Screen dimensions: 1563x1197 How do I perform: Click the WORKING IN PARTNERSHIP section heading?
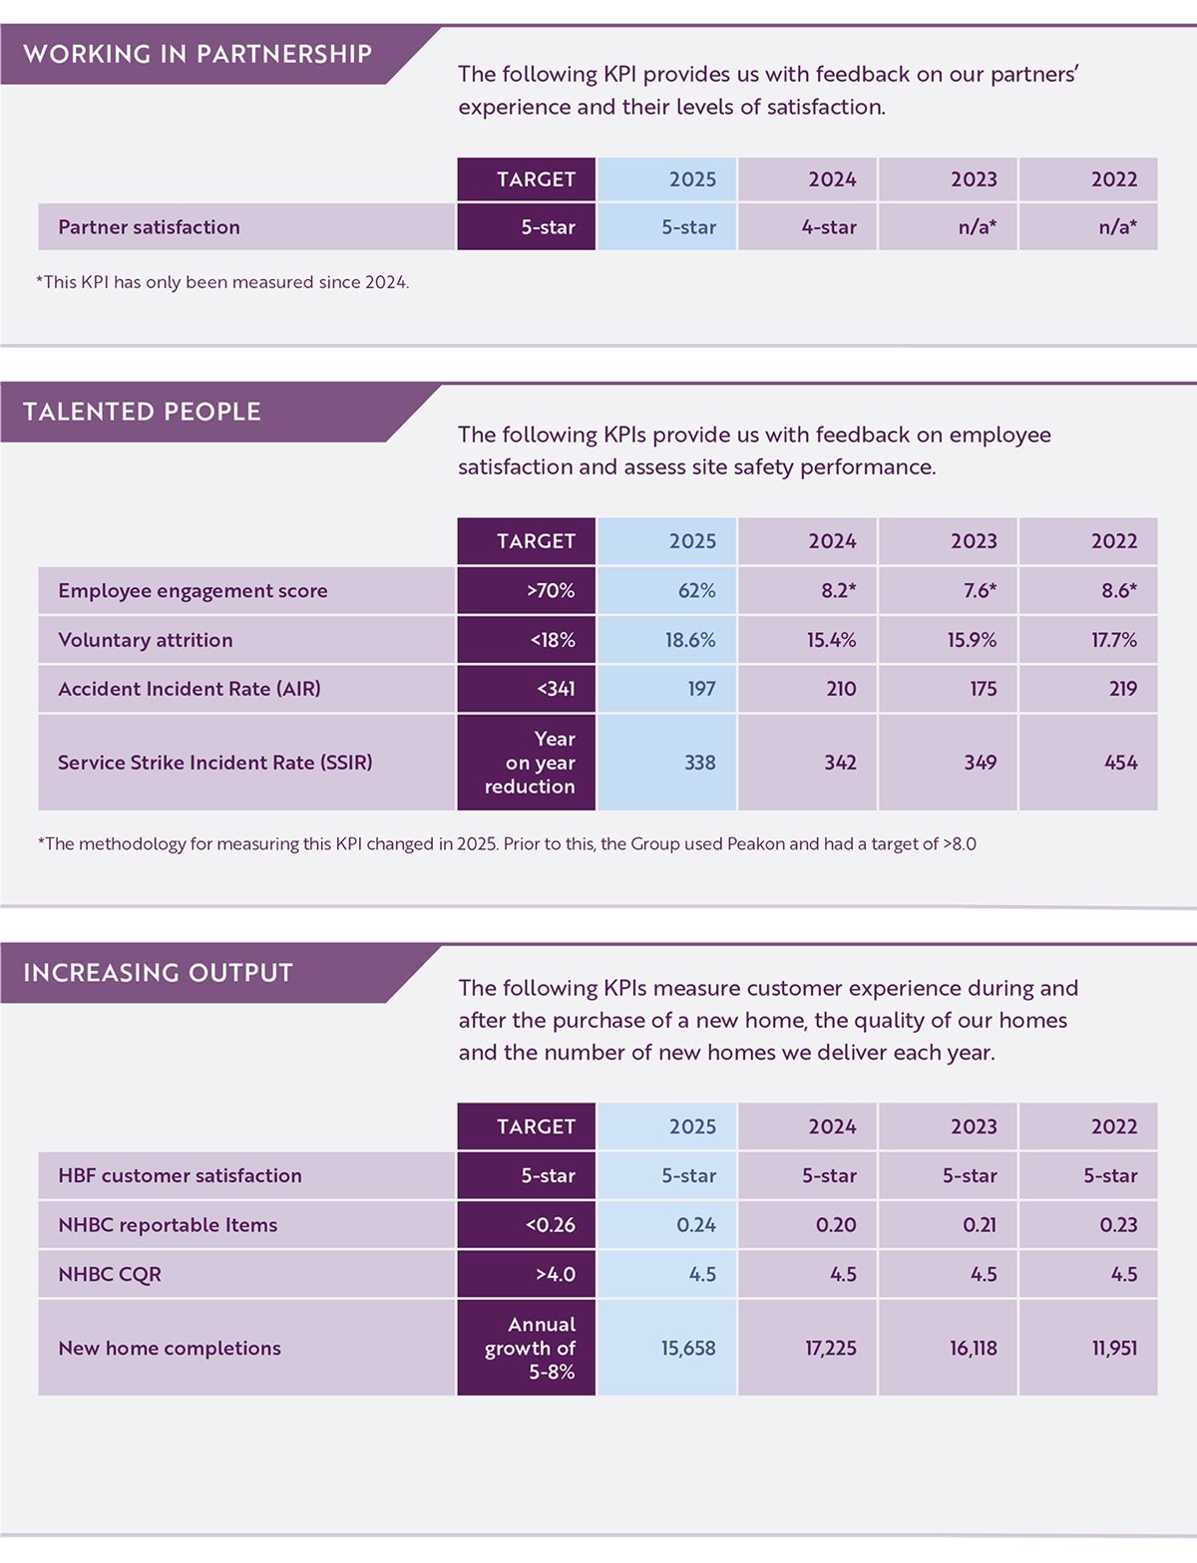pos(198,54)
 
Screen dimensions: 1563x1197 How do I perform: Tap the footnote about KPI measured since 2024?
pos(222,282)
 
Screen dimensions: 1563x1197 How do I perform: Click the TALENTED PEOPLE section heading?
pos(142,412)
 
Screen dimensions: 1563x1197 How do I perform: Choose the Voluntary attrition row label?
pos(146,640)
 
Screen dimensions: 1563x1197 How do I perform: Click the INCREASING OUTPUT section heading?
pos(158,973)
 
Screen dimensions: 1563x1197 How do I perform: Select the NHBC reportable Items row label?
pos(168,1225)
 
